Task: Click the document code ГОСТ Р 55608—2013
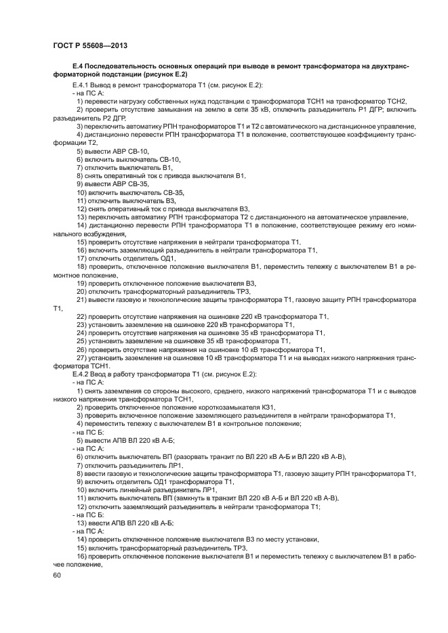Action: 81,43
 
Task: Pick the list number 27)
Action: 82,358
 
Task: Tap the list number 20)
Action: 82,292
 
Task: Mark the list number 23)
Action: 82,325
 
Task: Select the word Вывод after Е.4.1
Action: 103,86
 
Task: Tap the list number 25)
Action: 82,341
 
